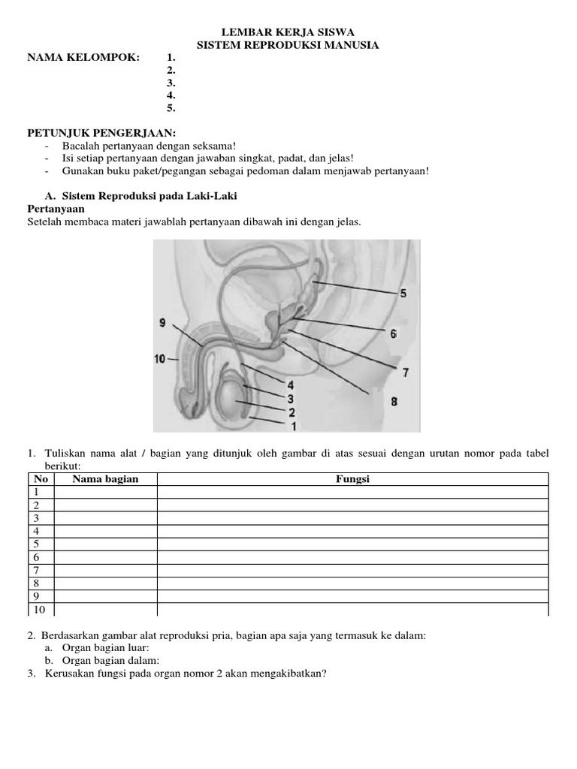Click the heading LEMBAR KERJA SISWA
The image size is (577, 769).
coord(287,32)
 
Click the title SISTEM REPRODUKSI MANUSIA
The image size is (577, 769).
coord(287,46)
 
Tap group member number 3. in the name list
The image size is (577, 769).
coord(171,83)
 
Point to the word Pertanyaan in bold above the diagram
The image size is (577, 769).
coord(57,208)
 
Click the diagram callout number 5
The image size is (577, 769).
coord(403,294)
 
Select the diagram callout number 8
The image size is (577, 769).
coord(394,402)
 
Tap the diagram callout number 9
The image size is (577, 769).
coord(163,323)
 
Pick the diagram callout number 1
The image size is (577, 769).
coord(294,426)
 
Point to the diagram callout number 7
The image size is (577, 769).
coord(406,372)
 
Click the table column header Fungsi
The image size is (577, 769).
coord(352,479)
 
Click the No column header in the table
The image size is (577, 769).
coord(41,479)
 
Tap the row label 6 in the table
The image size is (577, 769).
coord(35,557)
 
